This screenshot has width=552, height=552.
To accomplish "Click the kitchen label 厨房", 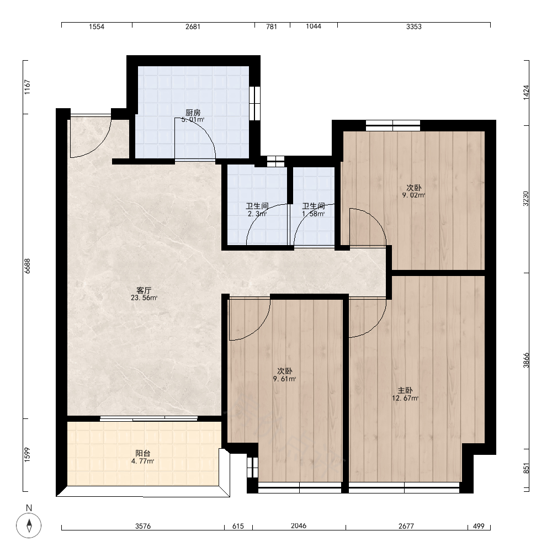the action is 193,113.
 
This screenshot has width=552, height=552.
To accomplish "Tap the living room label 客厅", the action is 144,290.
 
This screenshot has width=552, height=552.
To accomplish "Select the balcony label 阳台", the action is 142,453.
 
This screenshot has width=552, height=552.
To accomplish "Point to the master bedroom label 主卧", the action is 405,390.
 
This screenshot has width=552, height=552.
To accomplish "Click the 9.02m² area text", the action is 413,195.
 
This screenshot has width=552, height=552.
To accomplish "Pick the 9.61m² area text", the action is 284,379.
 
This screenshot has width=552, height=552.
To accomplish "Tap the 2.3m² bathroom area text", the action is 257,214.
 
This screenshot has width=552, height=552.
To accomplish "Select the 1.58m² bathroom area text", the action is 314,214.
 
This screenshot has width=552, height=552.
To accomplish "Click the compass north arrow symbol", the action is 29,526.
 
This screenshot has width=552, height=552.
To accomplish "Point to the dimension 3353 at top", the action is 413,26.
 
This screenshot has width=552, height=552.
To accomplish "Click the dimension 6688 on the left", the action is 28,266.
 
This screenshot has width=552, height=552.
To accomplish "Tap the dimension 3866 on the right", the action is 526,360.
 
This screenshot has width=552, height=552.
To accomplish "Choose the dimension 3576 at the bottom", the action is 143,526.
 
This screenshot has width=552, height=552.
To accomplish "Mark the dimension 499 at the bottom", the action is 479,526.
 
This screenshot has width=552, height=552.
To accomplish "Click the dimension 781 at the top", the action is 272,26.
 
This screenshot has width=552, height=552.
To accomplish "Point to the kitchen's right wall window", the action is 254,103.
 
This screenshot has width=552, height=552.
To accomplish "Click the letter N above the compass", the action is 29,508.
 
